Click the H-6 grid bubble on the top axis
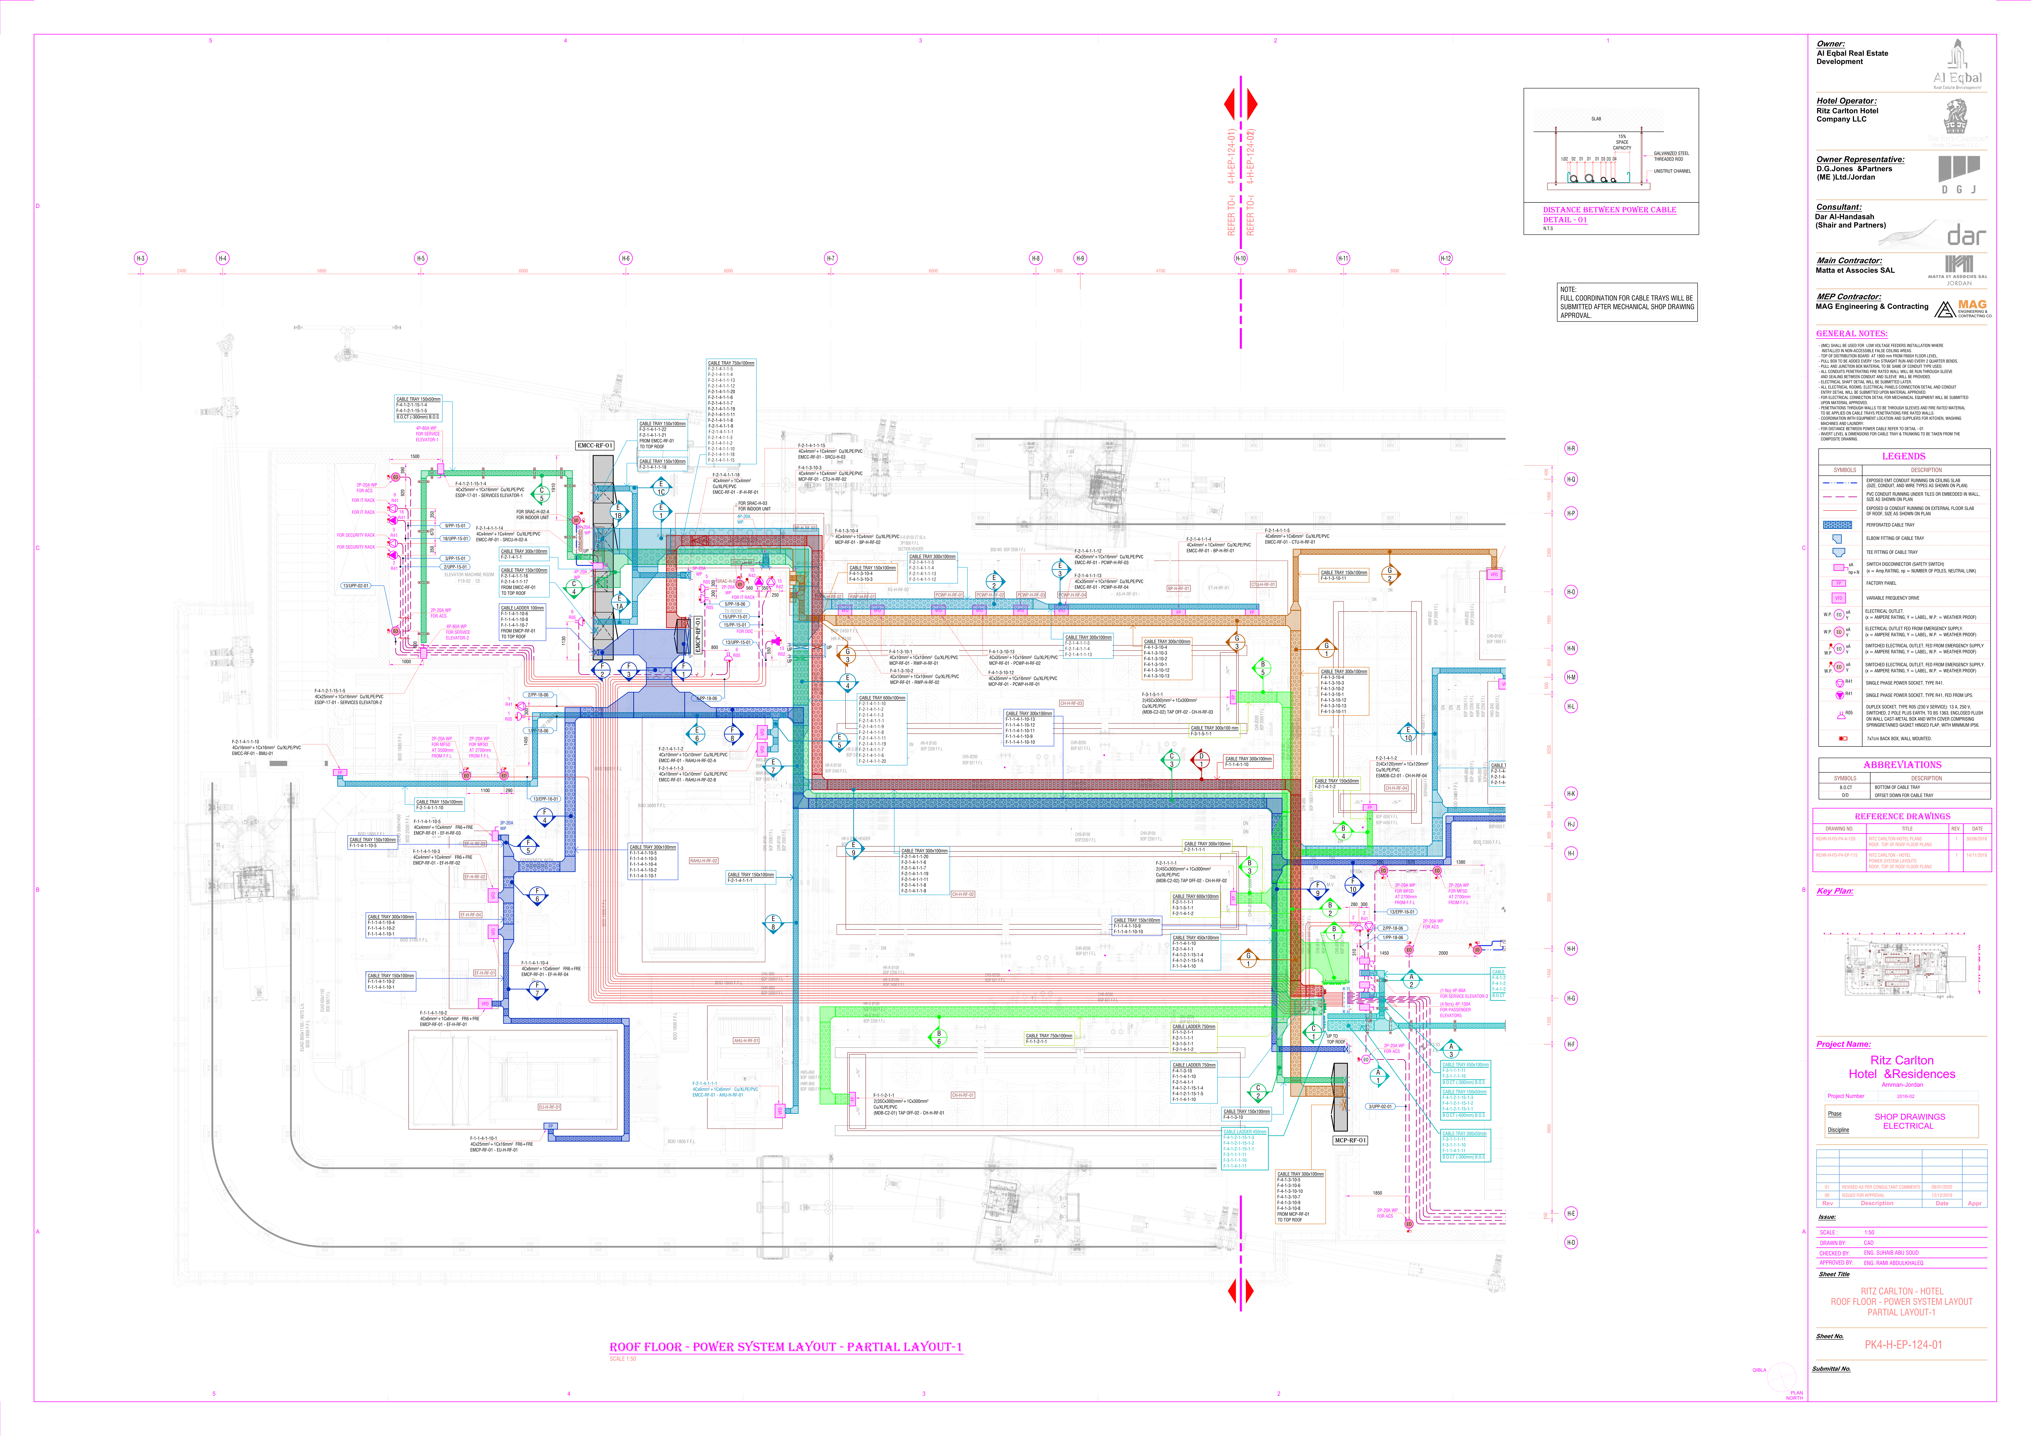coord(625,258)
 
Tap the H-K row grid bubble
coord(1571,793)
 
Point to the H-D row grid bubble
coord(1571,1242)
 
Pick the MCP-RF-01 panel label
coord(1350,1141)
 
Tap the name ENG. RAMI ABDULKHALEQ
coord(1893,1263)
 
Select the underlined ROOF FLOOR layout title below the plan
coord(785,1347)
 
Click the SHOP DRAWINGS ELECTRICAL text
coord(1909,1121)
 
